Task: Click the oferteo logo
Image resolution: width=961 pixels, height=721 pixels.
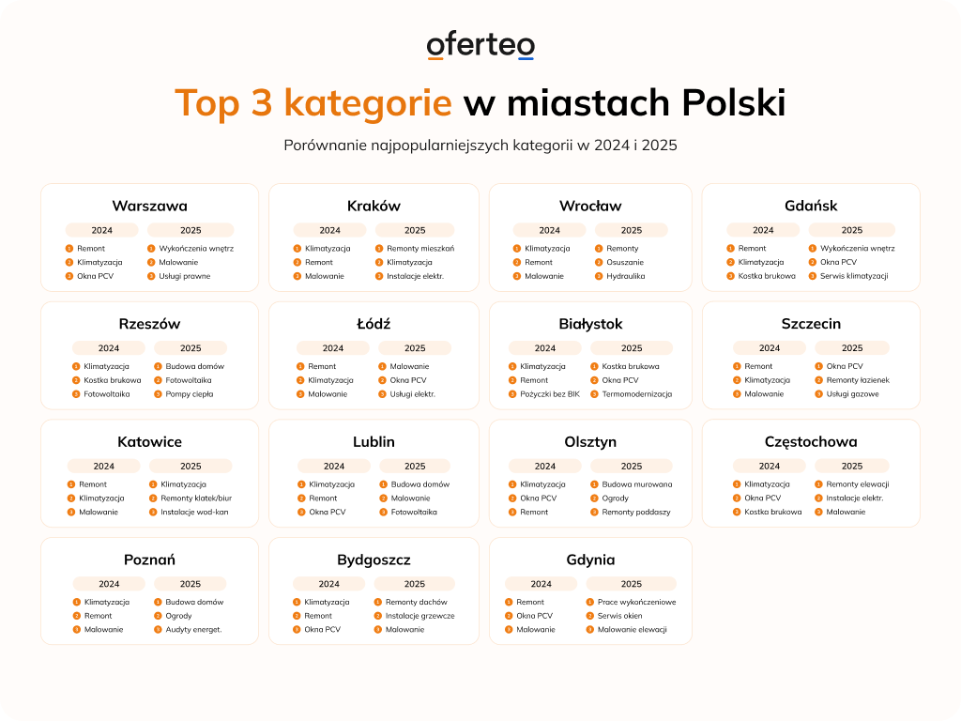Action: click(480, 46)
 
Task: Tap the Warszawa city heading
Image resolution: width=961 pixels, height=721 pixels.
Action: click(149, 206)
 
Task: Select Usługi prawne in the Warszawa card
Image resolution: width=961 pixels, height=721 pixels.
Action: click(184, 276)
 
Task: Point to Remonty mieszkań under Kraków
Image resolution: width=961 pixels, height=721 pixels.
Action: click(420, 249)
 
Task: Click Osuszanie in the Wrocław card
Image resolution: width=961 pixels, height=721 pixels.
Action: click(624, 263)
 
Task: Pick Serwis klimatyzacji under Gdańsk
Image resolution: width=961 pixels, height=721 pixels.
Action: click(854, 276)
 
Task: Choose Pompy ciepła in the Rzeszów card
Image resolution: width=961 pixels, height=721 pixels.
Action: click(190, 394)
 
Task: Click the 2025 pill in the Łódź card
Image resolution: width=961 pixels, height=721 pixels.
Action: click(415, 348)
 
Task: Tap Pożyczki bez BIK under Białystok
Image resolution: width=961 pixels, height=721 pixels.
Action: click(550, 394)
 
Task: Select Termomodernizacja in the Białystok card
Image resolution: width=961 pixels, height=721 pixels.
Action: click(637, 394)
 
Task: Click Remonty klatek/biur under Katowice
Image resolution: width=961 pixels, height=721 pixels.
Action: click(195, 499)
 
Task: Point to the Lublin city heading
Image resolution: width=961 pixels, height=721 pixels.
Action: click(374, 441)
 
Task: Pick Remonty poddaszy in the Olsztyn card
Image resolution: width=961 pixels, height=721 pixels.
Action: click(636, 513)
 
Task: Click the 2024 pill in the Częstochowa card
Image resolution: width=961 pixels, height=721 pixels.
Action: click(770, 466)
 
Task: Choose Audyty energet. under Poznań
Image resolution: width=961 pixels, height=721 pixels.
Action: click(193, 630)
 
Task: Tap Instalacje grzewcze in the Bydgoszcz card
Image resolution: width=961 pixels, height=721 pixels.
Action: click(419, 616)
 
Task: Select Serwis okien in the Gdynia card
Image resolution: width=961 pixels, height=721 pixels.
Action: click(620, 616)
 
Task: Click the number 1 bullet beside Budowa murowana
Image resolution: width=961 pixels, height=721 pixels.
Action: click(593, 484)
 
